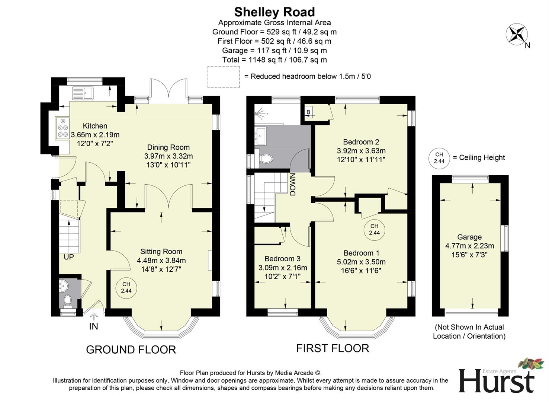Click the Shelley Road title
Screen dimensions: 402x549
click(274, 12)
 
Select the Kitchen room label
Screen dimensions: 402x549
click(95, 126)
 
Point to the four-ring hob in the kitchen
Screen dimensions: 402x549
click(62, 128)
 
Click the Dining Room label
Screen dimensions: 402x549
click(168, 147)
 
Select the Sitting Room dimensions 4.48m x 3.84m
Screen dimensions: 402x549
click(161, 261)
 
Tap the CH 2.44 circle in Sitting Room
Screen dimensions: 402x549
click(126, 288)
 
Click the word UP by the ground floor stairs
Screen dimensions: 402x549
click(69, 257)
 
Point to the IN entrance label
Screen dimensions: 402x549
click(93, 326)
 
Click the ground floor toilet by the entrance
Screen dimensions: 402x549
click(68, 300)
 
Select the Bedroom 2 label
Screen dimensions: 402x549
click(361, 142)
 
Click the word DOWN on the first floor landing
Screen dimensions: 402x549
click(293, 185)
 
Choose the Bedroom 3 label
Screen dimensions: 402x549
click(282, 259)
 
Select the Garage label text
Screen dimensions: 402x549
click(469, 237)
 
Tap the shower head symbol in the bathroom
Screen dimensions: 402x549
click(261, 112)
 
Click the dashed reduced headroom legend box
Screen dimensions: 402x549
click(223, 77)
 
